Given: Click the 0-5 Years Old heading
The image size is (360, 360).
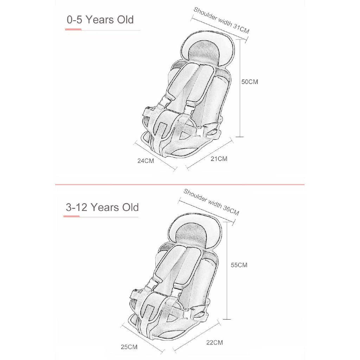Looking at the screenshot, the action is tap(100, 20).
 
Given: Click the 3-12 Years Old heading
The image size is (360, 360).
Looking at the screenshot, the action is tap(102, 207).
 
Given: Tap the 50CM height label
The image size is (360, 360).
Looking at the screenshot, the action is tap(250, 82).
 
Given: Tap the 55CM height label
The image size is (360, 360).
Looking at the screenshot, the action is tap(239, 265).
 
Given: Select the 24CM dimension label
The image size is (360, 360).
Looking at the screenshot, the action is tap(146, 161).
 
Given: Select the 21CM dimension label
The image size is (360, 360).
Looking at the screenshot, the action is tap(219, 159).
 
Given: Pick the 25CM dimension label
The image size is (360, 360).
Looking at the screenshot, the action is tap(129, 347).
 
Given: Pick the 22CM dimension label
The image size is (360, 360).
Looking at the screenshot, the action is tap(214, 342).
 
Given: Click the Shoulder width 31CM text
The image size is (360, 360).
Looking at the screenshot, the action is tap(221, 20).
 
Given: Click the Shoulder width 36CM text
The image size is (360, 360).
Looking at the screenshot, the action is tap(211, 202).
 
